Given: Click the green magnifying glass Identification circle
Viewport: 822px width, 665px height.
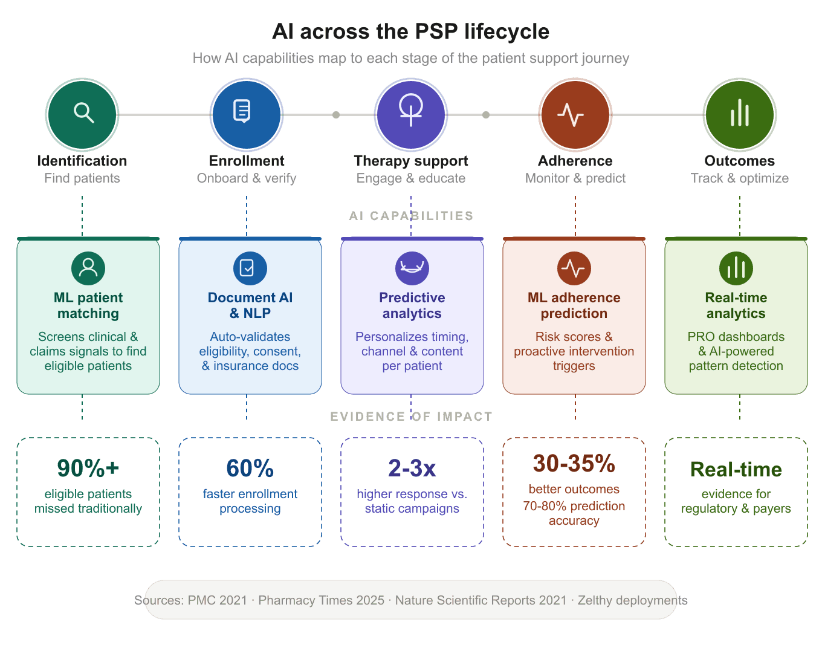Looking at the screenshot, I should click(82, 114).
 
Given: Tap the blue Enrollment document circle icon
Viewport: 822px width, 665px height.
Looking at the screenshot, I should click(247, 114).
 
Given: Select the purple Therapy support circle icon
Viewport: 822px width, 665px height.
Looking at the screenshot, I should click(411, 114).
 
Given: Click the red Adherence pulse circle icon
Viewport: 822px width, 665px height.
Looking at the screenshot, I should click(575, 114).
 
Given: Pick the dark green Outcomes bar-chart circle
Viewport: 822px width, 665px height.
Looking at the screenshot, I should click(740, 114).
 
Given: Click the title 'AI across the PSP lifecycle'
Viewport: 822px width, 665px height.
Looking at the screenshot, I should click(411, 31).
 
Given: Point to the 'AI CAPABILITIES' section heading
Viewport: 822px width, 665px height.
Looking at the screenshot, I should click(411, 216).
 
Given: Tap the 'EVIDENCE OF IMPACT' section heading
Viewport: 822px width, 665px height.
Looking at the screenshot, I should click(411, 417).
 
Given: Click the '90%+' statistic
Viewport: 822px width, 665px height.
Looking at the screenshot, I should click(88, 469).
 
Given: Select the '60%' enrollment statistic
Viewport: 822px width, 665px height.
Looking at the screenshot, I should click(250, 469).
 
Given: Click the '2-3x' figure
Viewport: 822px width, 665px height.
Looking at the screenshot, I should click(412, 469).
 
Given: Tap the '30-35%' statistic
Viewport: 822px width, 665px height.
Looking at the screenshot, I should click(574, 464).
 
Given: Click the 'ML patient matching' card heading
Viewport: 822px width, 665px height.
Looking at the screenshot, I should click(88, 305).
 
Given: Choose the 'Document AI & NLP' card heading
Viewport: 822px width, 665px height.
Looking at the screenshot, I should click(250, 305).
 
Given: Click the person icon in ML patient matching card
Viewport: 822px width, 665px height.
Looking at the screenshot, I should click(88, 268).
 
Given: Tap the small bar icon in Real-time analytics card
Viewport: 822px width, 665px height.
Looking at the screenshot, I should click(736, 268).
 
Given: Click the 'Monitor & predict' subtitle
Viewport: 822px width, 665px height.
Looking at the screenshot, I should click(575, 178).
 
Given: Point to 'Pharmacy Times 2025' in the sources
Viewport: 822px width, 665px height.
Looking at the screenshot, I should click(322, 600).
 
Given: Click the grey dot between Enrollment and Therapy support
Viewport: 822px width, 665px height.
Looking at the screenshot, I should click(336, 115).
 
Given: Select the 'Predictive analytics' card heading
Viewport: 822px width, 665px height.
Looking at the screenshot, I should click(412, 305).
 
